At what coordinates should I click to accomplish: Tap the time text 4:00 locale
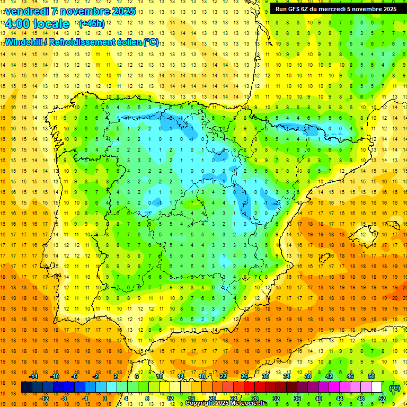37,24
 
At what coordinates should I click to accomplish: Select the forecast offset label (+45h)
91,24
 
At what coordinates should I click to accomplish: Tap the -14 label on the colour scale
33,376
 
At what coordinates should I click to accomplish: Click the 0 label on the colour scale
105,399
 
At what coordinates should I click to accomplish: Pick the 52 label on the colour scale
382,399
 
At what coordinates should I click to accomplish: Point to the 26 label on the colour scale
244,376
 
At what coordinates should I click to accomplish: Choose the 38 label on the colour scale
308,376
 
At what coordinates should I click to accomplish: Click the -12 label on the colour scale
44,399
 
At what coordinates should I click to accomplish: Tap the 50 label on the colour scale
371,376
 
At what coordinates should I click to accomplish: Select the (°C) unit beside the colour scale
395,387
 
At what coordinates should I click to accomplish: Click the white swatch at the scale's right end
377,387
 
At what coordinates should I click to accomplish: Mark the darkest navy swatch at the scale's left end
26,387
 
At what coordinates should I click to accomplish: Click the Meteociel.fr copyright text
226,403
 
